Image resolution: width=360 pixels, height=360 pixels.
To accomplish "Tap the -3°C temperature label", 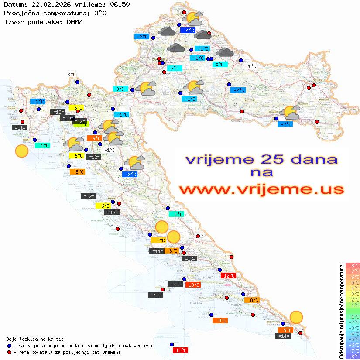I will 130,175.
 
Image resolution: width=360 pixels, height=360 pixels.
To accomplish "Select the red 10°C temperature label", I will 193,285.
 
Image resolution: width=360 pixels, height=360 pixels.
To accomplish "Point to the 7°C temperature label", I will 158,240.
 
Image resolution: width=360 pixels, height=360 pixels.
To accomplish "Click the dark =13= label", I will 190,259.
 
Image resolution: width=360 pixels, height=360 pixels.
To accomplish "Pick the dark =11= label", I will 20,128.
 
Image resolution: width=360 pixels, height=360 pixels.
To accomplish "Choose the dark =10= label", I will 68,118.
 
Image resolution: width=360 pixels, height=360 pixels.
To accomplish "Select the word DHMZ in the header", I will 75,21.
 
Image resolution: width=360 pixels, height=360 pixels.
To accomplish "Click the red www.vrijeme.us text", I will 262,189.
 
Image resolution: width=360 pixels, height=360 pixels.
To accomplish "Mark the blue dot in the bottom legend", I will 10,346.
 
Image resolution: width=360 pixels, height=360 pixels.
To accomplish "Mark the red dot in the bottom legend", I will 10,352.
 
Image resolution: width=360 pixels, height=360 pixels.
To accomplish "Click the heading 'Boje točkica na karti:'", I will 35,339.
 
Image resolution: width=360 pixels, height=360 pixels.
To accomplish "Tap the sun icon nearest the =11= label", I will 21,151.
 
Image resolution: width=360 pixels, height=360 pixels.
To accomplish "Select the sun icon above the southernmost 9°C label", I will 296,317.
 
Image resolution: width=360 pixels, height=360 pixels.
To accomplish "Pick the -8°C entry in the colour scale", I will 352,356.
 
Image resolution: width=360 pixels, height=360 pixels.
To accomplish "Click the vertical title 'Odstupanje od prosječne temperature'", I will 341,311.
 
